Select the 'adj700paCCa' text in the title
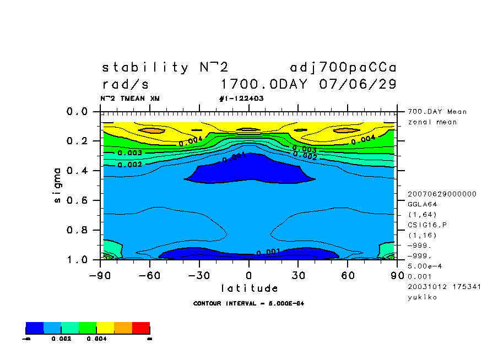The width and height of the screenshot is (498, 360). click(343, 68)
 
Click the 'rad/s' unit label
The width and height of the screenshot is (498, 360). click(126, 85)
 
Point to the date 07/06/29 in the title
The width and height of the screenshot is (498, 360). click(358, 85)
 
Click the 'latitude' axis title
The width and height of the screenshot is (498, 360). click(250, 288)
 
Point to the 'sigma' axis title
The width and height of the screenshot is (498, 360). click(58, 186)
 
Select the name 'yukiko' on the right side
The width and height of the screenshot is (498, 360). click(421, 297)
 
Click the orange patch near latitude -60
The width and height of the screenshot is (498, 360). click(151, 130)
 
